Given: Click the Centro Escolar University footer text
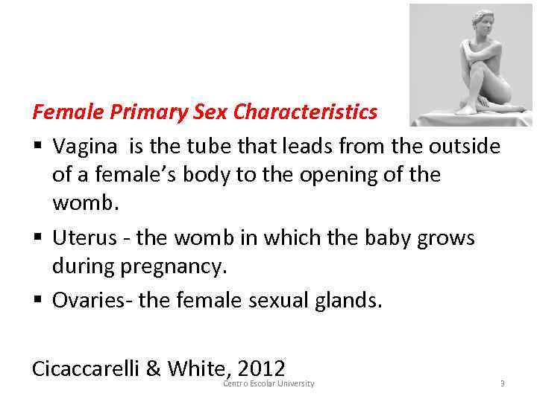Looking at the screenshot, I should (268, 384).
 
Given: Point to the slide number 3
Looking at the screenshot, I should (503, 384).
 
